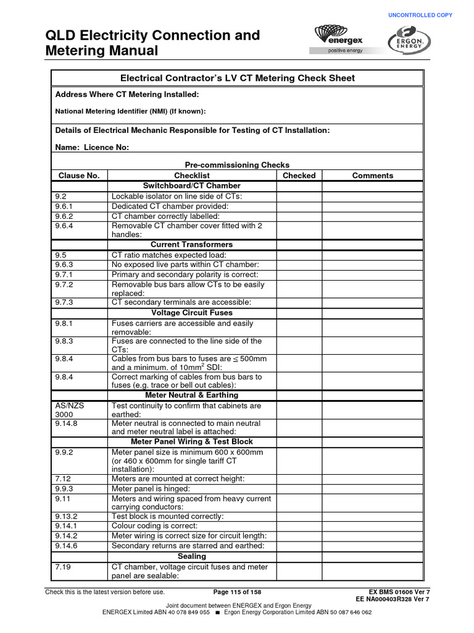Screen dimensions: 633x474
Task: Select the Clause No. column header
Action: [79, 176]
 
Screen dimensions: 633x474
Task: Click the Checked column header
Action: [299, 176]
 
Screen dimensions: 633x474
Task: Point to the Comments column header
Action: [372, 176]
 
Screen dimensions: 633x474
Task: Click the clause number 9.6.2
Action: [64, 216]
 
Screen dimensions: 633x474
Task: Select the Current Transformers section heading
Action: [192, 245]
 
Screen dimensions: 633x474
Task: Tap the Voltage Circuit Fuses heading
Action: [192, 313]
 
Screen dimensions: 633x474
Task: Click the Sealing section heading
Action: [192, 556]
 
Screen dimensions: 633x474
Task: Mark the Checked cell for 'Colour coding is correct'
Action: [299, 526]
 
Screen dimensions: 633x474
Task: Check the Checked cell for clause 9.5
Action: [299, 255]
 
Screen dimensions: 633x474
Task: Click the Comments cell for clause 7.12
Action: [372, 478]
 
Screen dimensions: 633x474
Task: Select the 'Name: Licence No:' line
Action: [93, 148]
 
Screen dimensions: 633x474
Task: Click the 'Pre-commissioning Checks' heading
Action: [237, 165]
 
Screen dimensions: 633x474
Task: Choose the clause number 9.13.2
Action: [66, 516]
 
